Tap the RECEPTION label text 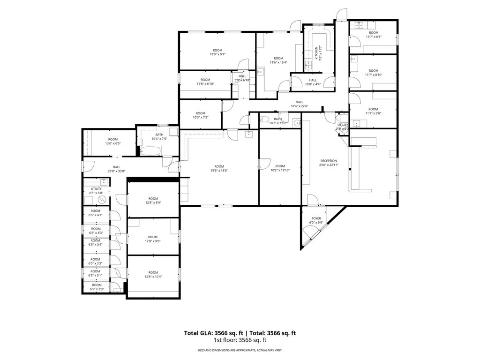[x=329, y=161]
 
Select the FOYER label [x=317, y=219]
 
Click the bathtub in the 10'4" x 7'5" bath [x=150, y=151]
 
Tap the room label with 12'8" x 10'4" [x=153, y=275]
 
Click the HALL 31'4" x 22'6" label [x=299, y=104]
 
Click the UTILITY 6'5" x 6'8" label [x=96, y=191]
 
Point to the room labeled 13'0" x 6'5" [x=113, y=141]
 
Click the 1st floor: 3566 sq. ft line [x=240, y=340]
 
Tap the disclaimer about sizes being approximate [x=240, y=350]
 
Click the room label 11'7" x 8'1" [x=373, y=35]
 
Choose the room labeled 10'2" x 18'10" [x=280, y=168]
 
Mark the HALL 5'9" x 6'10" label [x=242, y=78]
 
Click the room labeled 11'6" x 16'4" [x=278, y=60]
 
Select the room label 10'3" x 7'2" [x=200, y=115]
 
